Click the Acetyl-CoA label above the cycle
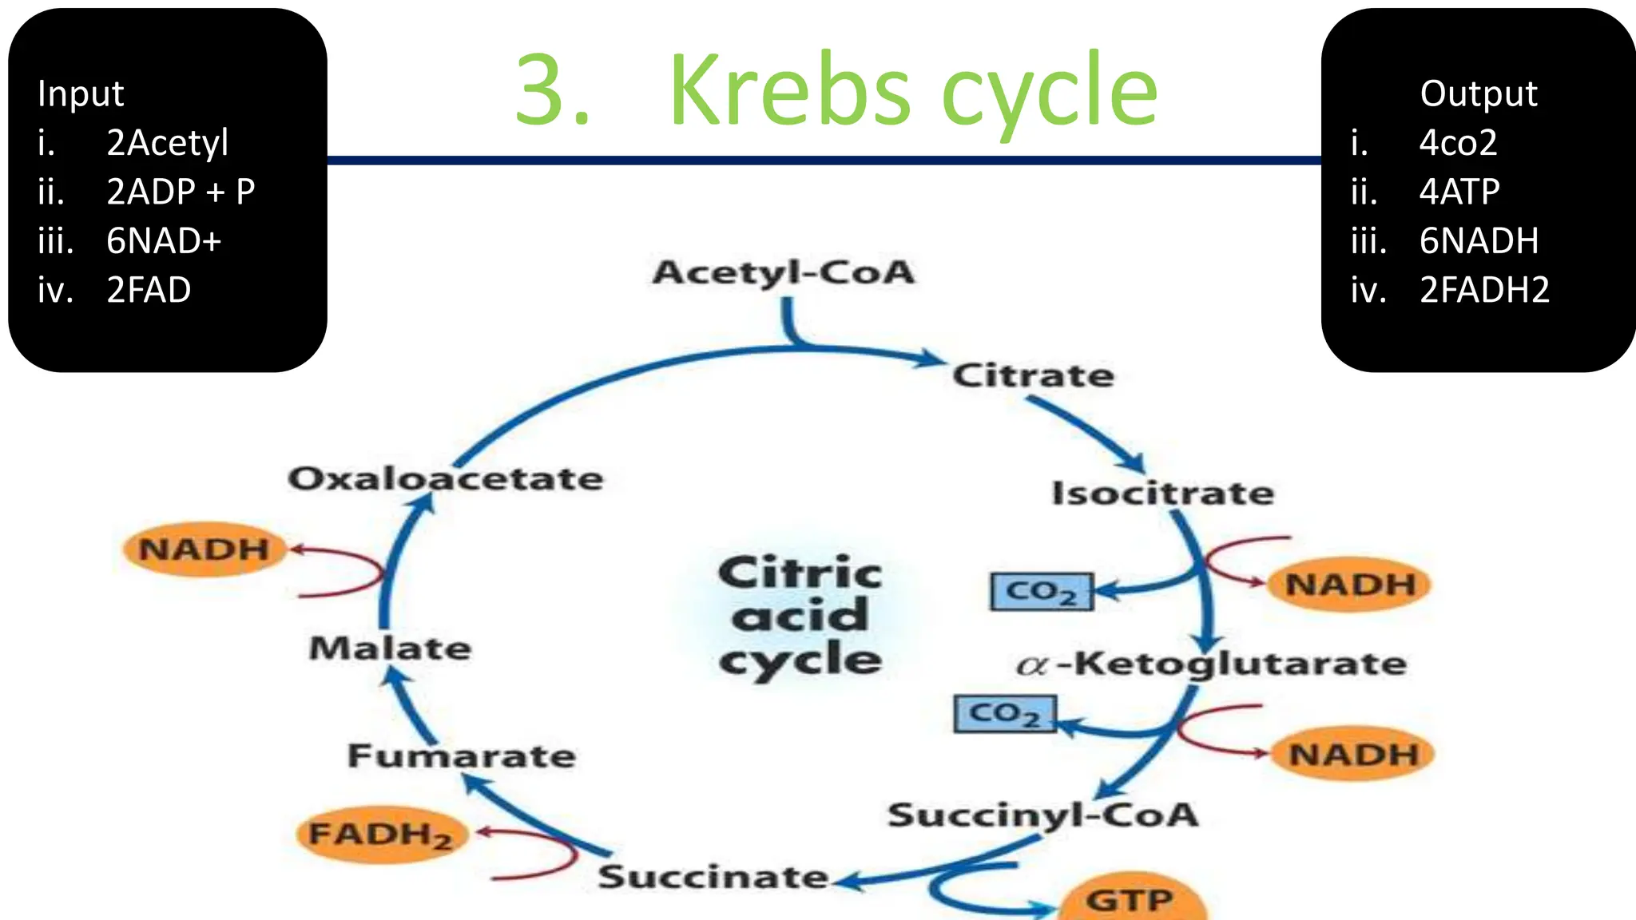[784, 273]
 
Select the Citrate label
[1033, 375]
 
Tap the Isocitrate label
[1163, 494]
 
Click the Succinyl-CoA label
[1043, 815]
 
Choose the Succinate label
[713, 877]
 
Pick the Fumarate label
[462, 755]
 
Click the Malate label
[390, 648]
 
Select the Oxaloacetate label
[446, 479]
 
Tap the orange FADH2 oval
[381, 835]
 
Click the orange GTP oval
[1130, 901]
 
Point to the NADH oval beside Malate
[204, 549]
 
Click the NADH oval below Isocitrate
[1350, 585]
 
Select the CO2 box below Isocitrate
[1041, 592]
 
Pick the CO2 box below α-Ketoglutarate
[1005, 713]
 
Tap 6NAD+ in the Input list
[164, 241]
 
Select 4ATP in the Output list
[1459, 192]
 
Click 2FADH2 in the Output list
[1484, 290]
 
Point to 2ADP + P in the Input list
[181, 192]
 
